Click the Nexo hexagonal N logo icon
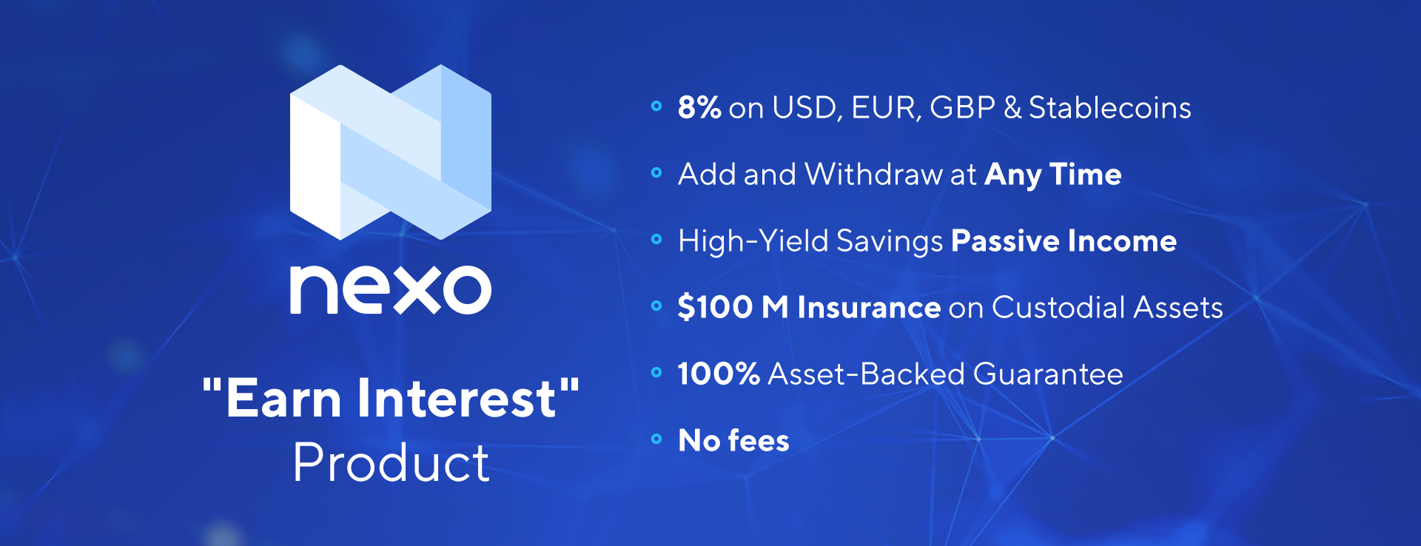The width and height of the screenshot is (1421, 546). (391, 152)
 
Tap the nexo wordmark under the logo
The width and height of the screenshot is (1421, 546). (391, 289)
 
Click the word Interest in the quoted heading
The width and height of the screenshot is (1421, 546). (457, 398)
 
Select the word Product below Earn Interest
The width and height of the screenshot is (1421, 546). (391, 463)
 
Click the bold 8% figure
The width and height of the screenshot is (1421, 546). (699, 107)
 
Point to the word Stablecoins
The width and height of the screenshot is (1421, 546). (1110, 108)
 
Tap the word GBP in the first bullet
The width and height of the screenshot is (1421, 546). (962, 108)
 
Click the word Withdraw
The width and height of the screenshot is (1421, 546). (873, 175)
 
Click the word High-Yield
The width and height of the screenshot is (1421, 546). (753, 241)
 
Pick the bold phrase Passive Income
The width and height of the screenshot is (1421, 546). (1064, 241)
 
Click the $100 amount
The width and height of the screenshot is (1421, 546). (715, 308)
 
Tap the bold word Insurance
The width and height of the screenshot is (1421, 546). (869, 308)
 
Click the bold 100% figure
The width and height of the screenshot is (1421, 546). (719, 374)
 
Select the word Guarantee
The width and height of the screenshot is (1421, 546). (1048, 374)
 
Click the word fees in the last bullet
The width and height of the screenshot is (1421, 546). (759, 441)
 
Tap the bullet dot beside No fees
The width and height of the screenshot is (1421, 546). (656, 439)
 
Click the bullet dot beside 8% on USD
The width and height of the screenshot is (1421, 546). (656, 107)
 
